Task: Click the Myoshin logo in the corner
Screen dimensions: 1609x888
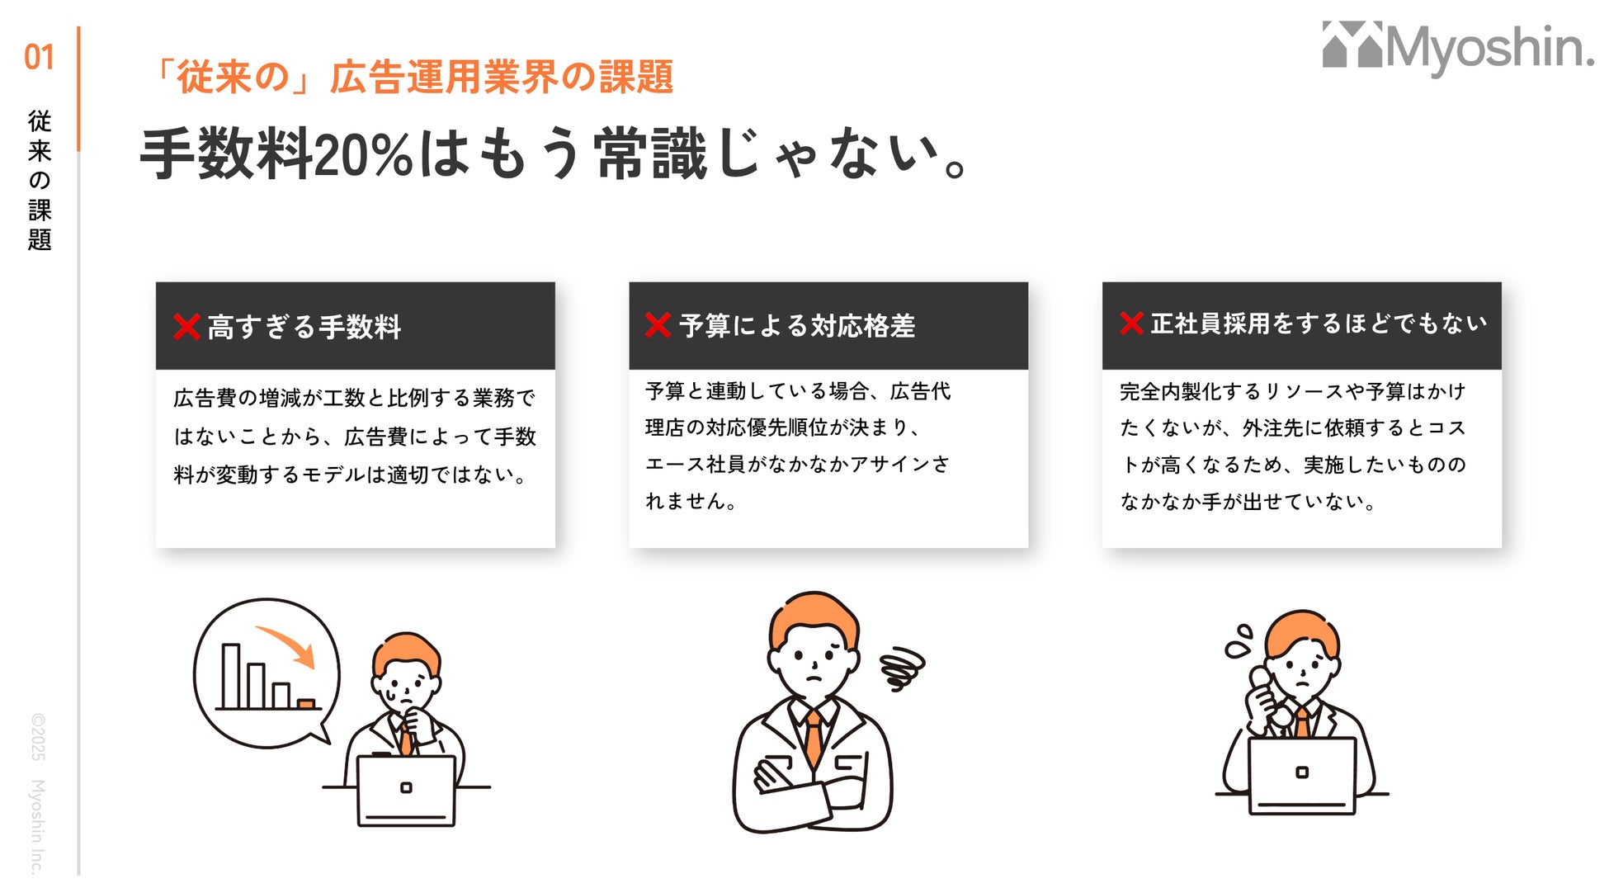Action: (x=1458, y=48)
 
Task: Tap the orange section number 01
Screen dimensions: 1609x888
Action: (x=39, y=58)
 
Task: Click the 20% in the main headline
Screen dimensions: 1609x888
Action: (x=363, y=154)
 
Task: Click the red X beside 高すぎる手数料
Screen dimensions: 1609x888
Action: (x=187, y=327)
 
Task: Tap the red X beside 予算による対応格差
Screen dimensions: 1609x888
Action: (x=658, y=325)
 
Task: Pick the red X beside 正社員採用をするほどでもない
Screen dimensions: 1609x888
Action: (x=1131, y=324)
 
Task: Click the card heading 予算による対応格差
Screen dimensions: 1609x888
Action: (x=797, y=326)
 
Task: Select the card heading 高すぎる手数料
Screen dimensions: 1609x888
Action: (x=304, y=327)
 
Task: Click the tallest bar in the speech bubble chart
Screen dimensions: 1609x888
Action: (x=231, y=676)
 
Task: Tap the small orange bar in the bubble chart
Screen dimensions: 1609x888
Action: (x=306, y=704)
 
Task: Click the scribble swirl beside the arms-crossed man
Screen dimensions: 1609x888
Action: (x=902, y=668)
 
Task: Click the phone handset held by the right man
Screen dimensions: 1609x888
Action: (x=1267, y=698)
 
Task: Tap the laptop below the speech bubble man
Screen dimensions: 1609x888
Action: (x=406, y=791)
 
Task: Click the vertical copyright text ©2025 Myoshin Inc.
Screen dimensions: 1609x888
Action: (x=38, y=793)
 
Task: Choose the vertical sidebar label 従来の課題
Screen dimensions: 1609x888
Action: (x=40, y=180)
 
